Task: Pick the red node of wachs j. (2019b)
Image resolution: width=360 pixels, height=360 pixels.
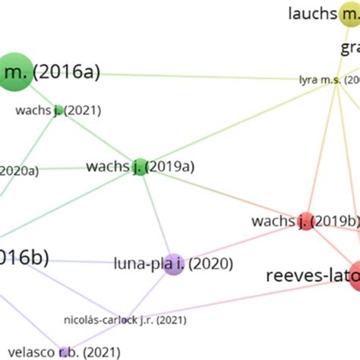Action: click(x=305, y=221)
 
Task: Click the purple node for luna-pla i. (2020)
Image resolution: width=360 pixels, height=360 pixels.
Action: click(x=174, y=264)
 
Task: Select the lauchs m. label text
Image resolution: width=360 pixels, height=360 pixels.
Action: click(x=312, y=13)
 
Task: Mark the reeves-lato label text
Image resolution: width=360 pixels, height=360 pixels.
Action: click(x=311, y=275)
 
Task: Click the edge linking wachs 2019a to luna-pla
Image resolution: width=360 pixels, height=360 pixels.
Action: click(x=156, y=215)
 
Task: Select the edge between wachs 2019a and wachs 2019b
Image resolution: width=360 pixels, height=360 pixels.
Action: click(x=220, y=194)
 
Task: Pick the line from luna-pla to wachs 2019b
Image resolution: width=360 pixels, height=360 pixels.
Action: click(x=239, y=243)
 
